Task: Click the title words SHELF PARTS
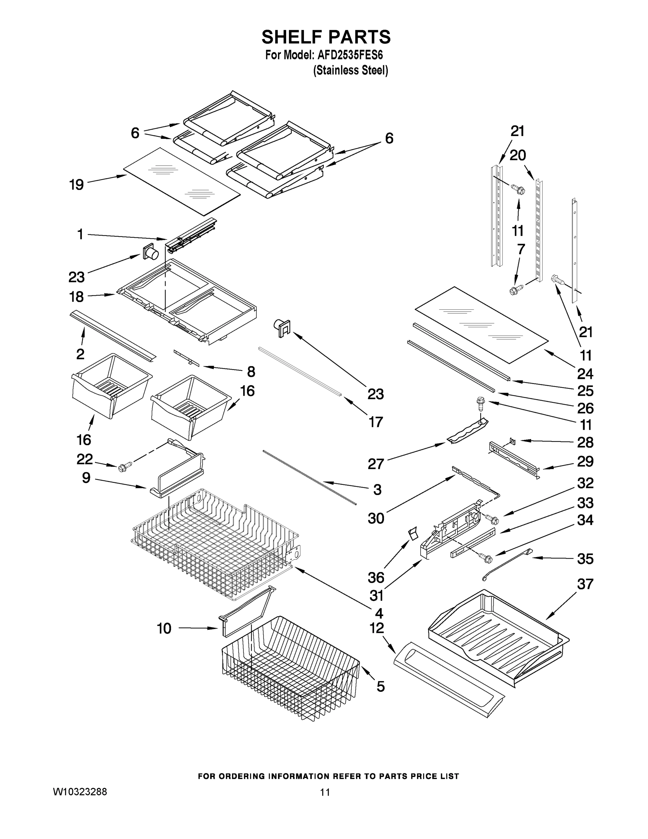326,37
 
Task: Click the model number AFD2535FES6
350,55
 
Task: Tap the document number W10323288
80,792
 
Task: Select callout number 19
77,185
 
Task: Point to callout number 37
585,584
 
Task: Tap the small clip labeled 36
412,534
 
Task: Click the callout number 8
251,372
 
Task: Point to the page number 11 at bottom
325,792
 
